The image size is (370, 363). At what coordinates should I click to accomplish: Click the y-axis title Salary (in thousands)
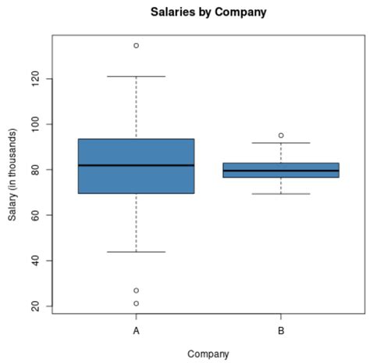click(13, 174)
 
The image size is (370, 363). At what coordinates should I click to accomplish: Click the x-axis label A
click(136, 331)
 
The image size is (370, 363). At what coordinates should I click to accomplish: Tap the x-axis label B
click(281, 331)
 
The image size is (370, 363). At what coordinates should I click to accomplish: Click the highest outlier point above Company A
click(136, 45)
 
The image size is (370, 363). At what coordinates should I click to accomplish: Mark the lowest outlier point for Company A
click(136, 304)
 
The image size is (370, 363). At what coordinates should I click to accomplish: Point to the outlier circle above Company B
click(281, 135)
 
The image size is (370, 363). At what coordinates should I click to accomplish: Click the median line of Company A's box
click(136, 165)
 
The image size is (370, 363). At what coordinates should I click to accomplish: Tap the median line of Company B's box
click(281, 171)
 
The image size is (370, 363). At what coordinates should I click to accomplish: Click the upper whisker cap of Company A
click(136, 77)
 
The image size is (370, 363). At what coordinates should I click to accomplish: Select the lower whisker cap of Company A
click(136, 252)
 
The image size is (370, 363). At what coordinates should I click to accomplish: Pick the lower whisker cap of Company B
click(281, 193)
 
